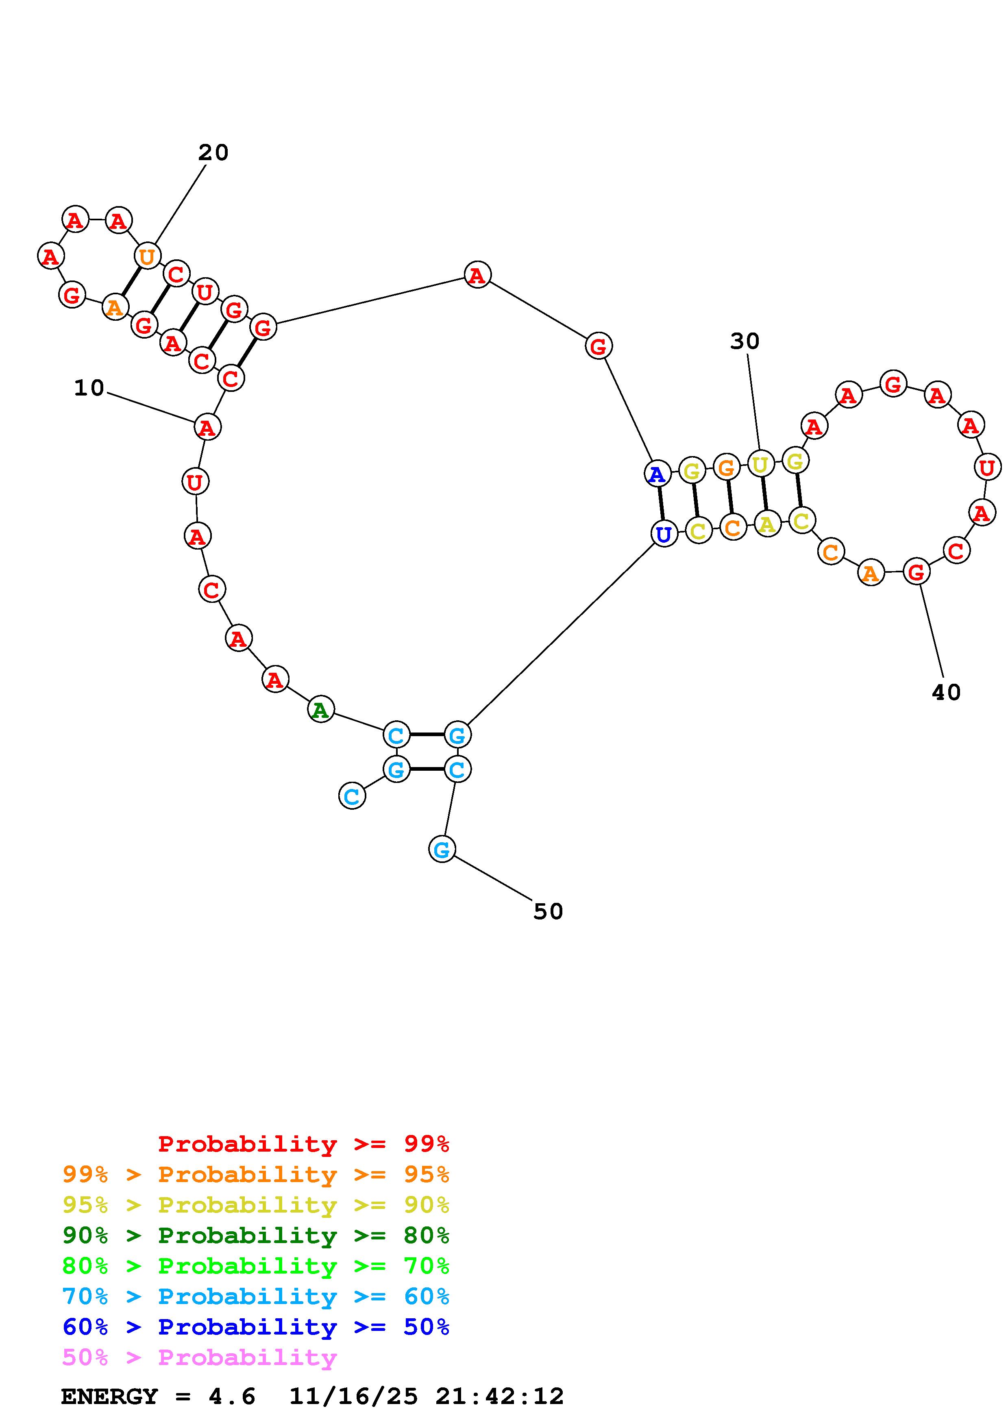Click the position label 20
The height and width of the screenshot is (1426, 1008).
tap(213, 152)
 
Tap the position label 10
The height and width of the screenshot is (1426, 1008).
tap(89, 388)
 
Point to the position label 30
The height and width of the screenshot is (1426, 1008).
tap(744, 341)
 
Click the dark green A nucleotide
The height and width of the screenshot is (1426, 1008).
tap(320, 709)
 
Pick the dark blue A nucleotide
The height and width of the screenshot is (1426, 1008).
tap(657, 474)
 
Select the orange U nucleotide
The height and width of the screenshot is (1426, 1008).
tap(147, 256)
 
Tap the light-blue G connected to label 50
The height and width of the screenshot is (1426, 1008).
tap(442, 849)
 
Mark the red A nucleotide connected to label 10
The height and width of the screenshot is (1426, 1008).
tap(207, 427)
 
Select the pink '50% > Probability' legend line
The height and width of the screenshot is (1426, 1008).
tap(199, 1358)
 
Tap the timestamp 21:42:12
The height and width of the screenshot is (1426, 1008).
tap(499, 1397)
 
